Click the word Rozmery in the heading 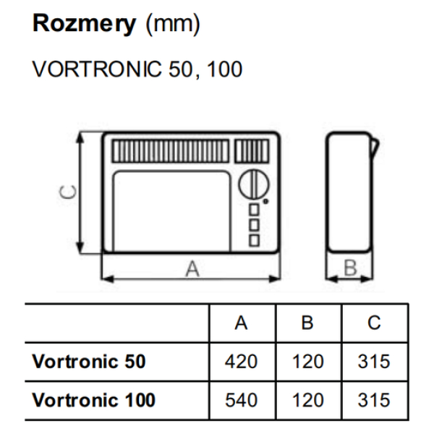click(x=84, y=25)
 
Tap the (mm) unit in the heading click(x=173, y=25)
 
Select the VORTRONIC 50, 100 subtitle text click(x=137, y=69)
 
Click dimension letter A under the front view click(x=192, y=268)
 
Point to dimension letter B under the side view click(x=351, y=268)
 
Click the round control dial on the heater click(x=250, y=183)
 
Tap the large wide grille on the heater click(x=171, y=152)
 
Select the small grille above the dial click(x=251, y=152)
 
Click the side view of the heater click(x=350, y=192)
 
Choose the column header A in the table click(x=241, y=323)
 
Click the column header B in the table click(x=307, y=323)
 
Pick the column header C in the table click(x=373, y=323)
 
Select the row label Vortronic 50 click(x=89, y=362)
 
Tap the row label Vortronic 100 click(x=94, y=400)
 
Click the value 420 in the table click(x=241, y=362)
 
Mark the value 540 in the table click(x=241, y=400)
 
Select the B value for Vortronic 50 click(x=307, y=362)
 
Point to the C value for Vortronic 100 click(x=373, y=400)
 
